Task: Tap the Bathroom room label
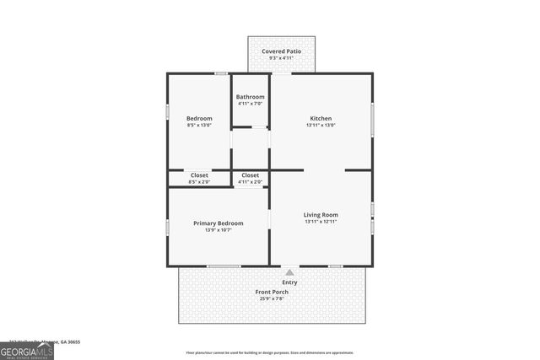point(250,97)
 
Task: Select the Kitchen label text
point(321,118)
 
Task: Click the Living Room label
point(321,215)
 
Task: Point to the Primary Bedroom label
point(218,223)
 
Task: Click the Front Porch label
point(272,292)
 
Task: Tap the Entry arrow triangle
point(289,272)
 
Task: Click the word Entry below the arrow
point(289,282)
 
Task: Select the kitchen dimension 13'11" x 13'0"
point(321,125)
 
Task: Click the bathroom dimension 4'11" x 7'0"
point(250,104)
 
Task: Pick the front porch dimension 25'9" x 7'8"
point(272,298)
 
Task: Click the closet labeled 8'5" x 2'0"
point(199,181)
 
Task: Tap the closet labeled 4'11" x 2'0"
point(250,181)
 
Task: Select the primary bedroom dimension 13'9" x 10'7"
point(218,230)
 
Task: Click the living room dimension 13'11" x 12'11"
point(321,222)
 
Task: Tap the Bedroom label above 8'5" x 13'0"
point(199,118)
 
